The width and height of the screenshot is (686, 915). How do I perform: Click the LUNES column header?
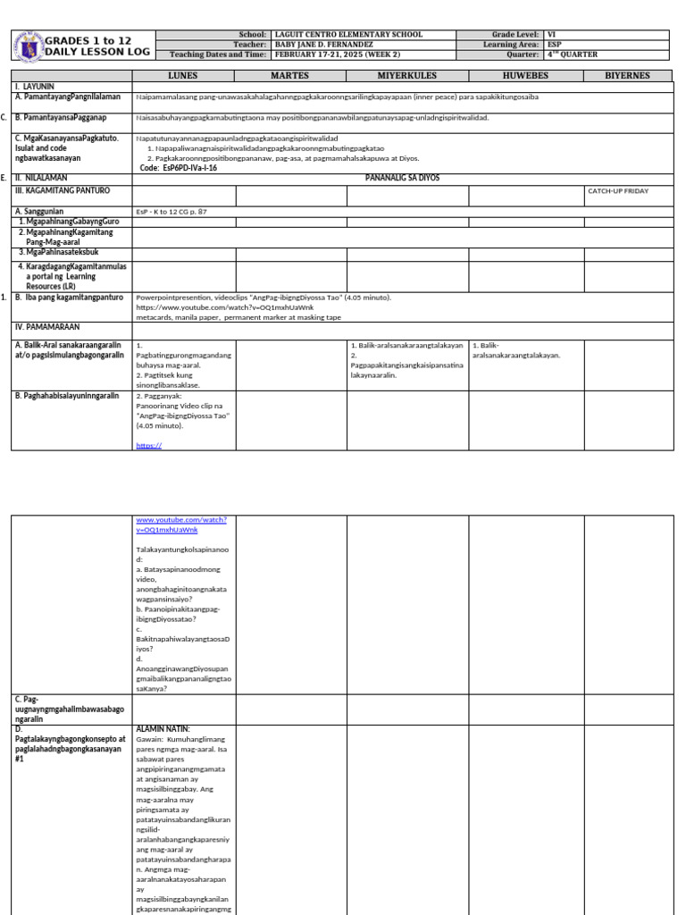[183, 76]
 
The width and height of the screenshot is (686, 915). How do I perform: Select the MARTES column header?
[290, 76]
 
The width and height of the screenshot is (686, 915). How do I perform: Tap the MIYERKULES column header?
[407, 76]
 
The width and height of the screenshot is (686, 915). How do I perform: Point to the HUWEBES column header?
[526, 76]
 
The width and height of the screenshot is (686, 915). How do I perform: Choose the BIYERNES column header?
[627, 76]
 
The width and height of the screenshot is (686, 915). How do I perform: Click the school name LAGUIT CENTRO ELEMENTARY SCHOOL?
[347, 35]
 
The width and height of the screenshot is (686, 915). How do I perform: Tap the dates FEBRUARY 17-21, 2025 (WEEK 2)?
[336, 54]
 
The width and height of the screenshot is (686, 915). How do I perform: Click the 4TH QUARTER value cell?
[578, 54]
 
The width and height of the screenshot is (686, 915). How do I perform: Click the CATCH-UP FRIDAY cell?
[617, 191]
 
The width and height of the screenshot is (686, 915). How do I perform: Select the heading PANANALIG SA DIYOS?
[403, 178]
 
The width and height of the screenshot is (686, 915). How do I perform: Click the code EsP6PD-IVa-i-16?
[179, 167]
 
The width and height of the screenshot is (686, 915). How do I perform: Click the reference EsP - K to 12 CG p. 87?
[171, 212]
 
